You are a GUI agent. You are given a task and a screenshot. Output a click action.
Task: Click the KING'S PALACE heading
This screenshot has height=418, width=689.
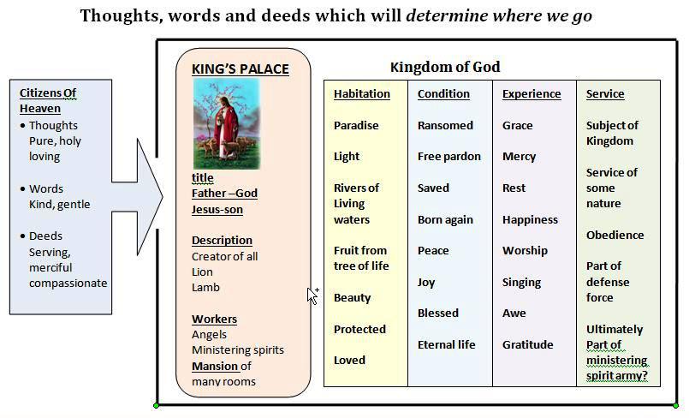pos(241,69)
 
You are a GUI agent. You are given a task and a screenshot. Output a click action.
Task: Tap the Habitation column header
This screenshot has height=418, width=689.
pos(362,93)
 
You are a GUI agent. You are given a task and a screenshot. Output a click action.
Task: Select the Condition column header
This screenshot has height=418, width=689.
pos(443,93)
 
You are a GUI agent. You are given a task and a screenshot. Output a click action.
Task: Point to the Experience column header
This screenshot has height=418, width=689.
pos(532,93)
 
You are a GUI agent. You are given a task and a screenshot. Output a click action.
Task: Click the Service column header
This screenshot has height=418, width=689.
pos(605,93)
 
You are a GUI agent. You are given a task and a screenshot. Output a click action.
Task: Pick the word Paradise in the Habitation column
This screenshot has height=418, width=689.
pos(356,125)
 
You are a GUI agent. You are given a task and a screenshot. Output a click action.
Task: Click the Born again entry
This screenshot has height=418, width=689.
pos(445,220)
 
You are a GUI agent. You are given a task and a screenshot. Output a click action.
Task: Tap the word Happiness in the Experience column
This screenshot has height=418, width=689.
pos(530,220)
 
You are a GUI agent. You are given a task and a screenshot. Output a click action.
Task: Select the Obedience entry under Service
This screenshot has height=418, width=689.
pos(615,236)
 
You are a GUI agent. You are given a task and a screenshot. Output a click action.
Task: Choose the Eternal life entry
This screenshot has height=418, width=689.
pos(447,344)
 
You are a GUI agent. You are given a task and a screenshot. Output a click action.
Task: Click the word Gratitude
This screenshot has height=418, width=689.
pos(528,344)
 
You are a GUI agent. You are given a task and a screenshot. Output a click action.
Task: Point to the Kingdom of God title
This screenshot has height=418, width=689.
pos(445,67)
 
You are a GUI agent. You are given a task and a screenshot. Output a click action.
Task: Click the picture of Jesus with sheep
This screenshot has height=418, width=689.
pos(227,124)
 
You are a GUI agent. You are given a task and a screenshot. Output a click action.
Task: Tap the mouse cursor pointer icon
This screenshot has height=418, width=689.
pos(312,296)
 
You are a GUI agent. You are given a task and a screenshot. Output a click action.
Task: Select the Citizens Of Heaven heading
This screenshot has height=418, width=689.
pos(48,101)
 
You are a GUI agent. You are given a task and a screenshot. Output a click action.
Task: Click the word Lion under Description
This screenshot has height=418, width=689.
pos(202,272)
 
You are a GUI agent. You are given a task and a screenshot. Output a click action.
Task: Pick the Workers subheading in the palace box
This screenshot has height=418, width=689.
pos(215,319)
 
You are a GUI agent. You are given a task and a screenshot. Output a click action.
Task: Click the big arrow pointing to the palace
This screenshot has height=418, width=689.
pos(137,197)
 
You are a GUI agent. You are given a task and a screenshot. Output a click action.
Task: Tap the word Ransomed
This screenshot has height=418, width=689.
pos(445,125)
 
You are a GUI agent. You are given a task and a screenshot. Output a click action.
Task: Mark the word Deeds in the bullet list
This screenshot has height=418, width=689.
pos(45,236)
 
